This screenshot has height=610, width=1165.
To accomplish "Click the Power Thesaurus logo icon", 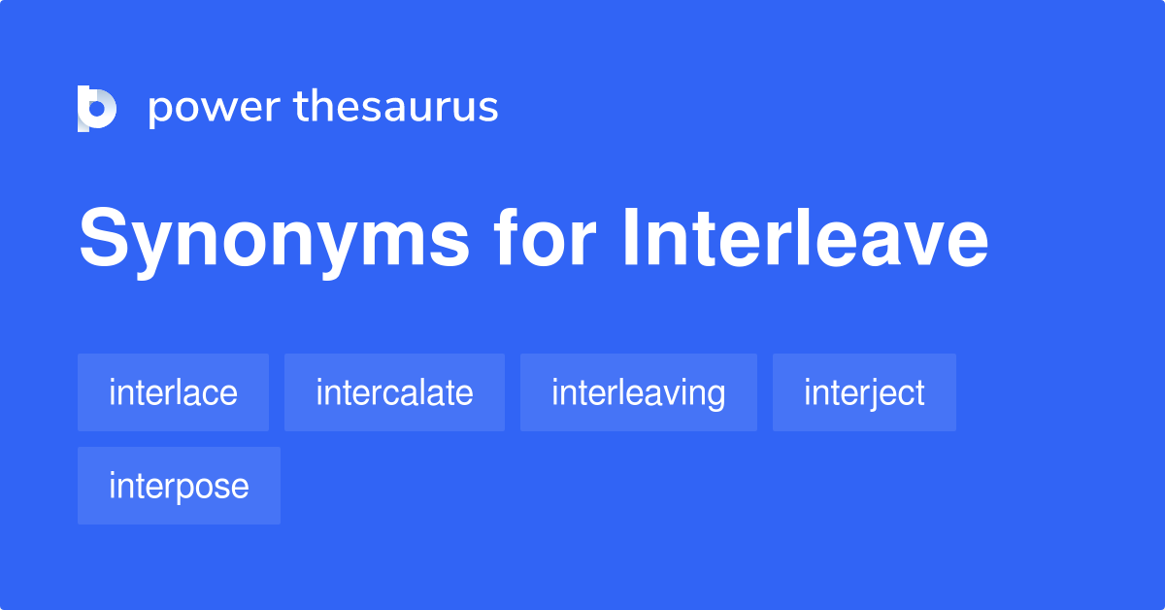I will click(97, 108).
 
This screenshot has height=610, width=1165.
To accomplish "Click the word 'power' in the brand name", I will click(214, 108).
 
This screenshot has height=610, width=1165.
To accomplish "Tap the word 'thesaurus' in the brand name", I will click(396, 108).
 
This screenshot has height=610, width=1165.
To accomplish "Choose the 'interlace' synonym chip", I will click(173, 392).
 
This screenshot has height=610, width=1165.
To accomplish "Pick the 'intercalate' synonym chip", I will click(394, 392).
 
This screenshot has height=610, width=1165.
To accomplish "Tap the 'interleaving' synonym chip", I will click(638, 392).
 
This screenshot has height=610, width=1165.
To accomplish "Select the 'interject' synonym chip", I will click(864, 392).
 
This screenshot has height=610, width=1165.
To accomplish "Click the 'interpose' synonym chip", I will click(179, 486).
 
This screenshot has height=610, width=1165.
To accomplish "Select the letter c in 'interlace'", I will click(212, 394).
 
